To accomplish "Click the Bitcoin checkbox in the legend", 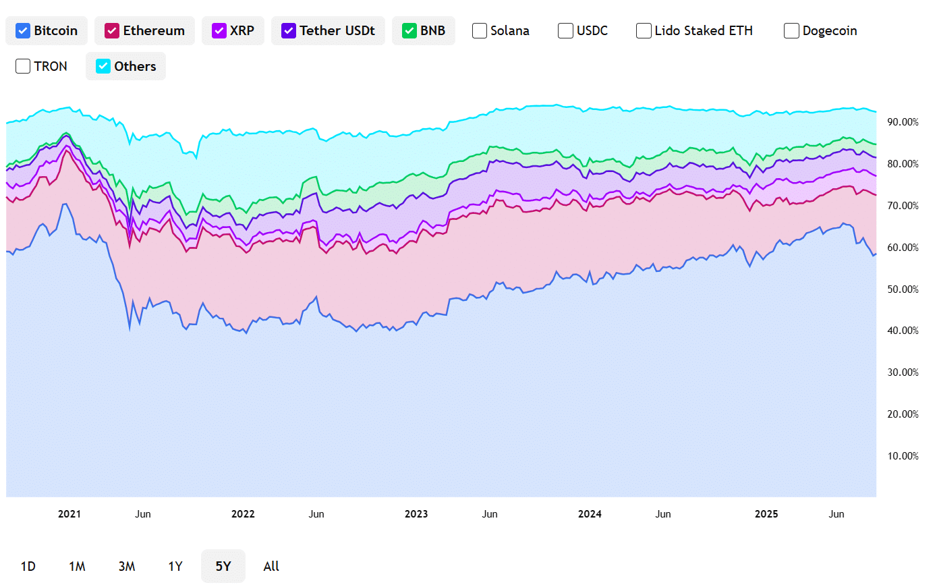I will click(x=23, y=30).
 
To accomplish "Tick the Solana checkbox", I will click(x=480, y=30).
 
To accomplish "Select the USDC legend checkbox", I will click(x=565, y=30).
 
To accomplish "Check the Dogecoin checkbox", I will click(x=791, y=30).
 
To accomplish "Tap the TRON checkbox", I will click(x=23, y=66).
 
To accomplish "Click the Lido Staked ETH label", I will click(x=704, y=30).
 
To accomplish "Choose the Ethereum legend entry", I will click(x=144, y=30).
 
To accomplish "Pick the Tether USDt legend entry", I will click(x=328, y=30).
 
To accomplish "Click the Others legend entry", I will click(x=125, y=66).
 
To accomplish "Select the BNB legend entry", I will click(x=423, y=30).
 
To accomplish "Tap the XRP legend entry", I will click(x=233, y=30).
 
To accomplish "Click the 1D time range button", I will click(x=28, y=566).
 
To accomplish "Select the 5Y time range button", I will click(x=223, y=566).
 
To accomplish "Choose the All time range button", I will click(x=271, y=566).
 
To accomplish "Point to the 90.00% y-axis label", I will click(x=903, y=122).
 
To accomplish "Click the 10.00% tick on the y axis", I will click(x=903, y=456).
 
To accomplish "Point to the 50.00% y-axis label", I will click(x=903, y=289).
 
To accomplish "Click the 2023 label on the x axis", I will click(x=416, y=514).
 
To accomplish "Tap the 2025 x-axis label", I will click(x=766, y=514).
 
